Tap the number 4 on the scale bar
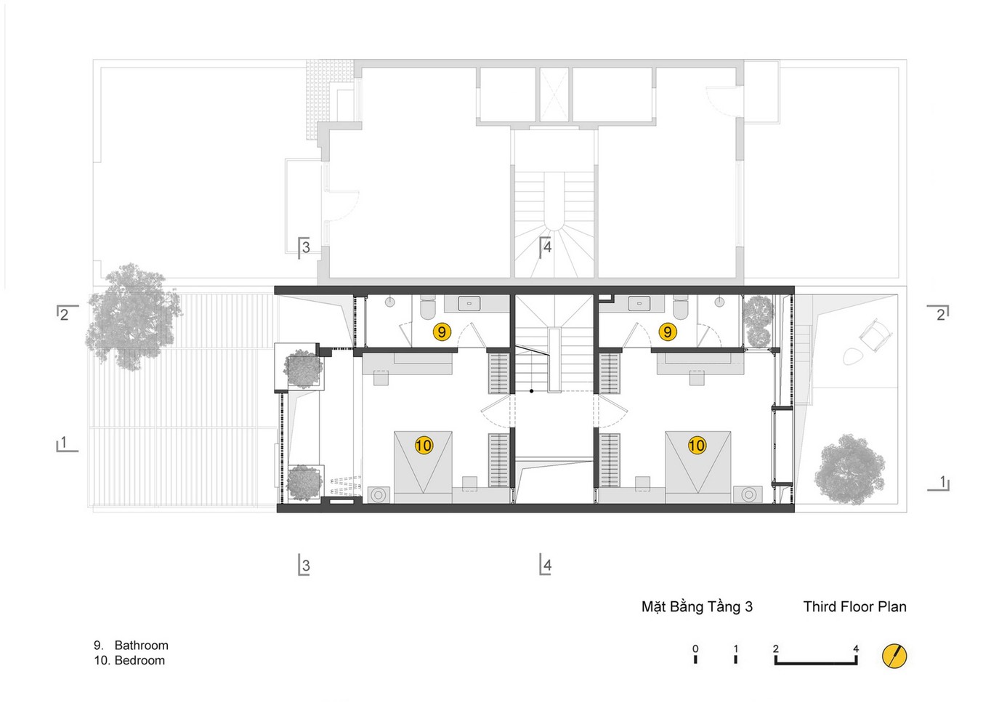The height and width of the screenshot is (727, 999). click(855, 648)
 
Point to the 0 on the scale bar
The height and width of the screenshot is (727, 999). click(695, 648)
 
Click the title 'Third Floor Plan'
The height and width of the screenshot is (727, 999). click(854, 606)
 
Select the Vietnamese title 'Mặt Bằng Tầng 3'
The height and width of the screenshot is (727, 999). click(697, 606)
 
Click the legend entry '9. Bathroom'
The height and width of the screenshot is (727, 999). click(131, 645)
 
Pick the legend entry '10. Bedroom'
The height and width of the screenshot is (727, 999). click(129, 660)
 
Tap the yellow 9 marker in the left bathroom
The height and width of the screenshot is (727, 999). click(442, 332)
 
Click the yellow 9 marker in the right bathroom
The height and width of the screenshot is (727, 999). click(668, 332)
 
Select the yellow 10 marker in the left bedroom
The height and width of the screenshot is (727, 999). click(424, 445)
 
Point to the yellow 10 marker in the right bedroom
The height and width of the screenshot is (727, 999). click(697, 445)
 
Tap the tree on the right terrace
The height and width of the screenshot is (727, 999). click(849, 470)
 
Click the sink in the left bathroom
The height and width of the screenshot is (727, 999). click(469, 303)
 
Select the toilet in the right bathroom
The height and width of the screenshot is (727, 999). click(681, 307)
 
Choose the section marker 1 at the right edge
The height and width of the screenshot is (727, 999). click(939, 483)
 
